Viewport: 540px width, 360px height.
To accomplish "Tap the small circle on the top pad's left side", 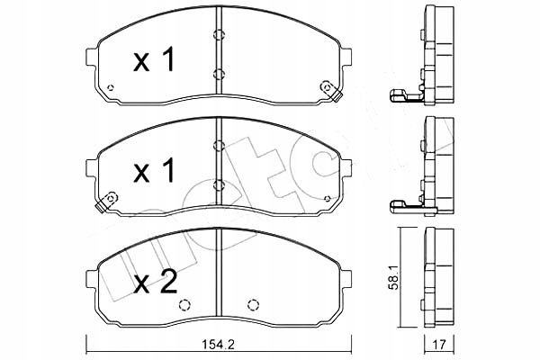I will tap(109, 88).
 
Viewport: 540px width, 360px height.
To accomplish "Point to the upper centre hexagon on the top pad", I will tap(218, 36).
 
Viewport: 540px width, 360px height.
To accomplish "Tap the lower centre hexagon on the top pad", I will tap(218, 74).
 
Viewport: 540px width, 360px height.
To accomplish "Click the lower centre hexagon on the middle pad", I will tap(218, 185).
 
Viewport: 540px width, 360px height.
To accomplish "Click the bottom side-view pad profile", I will tap(437, 279).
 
